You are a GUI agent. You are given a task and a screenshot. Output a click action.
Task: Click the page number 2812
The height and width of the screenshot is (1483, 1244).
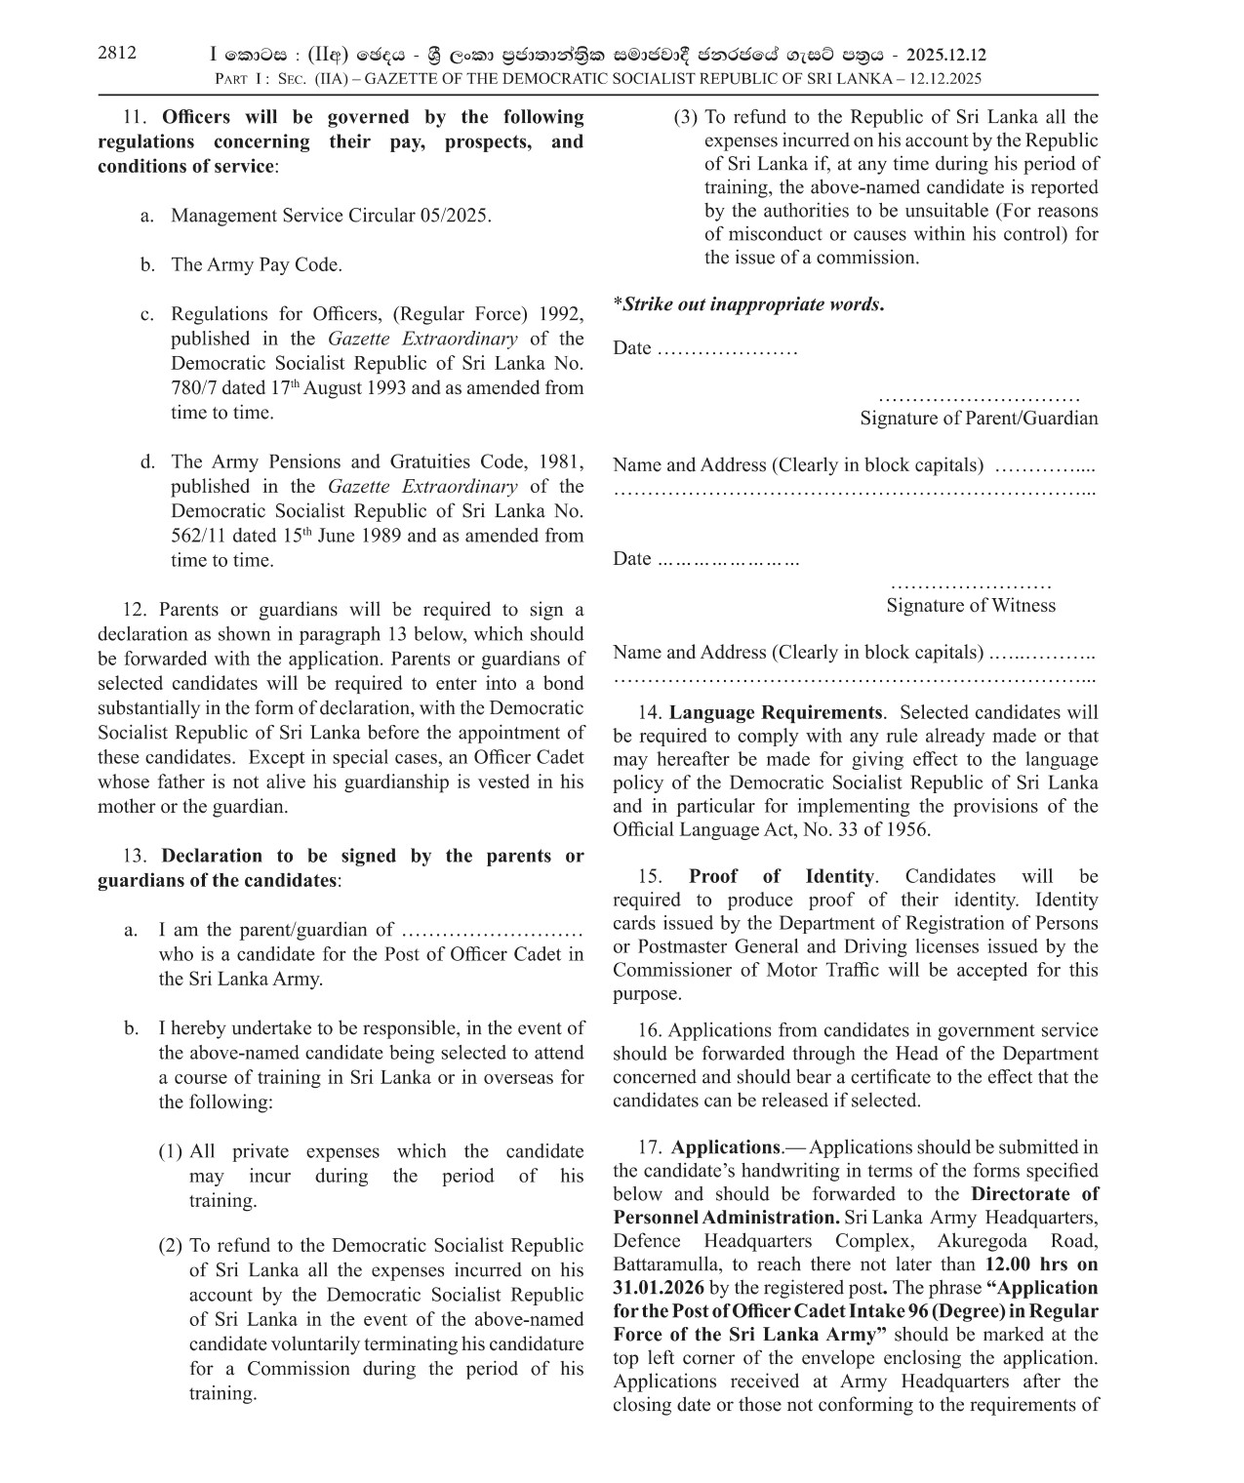point(117,54)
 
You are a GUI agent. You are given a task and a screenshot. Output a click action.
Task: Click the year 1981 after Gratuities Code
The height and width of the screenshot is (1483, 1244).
point(561,461)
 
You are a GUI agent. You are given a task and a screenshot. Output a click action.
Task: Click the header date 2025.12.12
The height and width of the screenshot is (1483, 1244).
point(946,56)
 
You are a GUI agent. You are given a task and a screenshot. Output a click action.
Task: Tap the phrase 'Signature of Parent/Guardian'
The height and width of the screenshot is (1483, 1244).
point(979,419)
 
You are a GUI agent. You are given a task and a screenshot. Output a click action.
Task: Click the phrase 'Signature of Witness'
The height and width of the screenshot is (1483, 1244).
point(971,605)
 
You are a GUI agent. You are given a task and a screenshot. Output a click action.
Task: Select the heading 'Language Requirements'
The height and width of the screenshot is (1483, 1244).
point(776,713)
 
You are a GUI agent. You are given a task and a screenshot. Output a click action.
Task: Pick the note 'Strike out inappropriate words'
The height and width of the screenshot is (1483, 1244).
point(749,304)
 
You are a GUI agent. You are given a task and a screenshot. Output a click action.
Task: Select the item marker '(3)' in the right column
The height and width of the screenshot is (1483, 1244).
point(686,117)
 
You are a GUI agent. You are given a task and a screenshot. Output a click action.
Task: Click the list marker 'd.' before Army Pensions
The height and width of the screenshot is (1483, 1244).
point(147,461)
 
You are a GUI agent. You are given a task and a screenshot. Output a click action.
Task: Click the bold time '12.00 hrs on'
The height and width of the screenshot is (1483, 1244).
point(1042,1264)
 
